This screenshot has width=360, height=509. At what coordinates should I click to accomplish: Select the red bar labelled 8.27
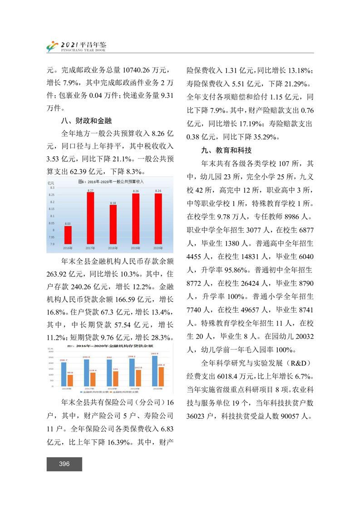90,219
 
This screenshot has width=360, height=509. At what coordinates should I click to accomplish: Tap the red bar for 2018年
113,225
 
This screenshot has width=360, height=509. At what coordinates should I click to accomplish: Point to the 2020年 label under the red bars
158,248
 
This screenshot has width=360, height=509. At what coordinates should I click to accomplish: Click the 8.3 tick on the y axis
52,187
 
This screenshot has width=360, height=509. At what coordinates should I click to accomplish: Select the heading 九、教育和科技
227,150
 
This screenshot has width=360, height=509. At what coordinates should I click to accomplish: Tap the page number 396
64,464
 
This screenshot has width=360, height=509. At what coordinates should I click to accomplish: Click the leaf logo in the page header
53,46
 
